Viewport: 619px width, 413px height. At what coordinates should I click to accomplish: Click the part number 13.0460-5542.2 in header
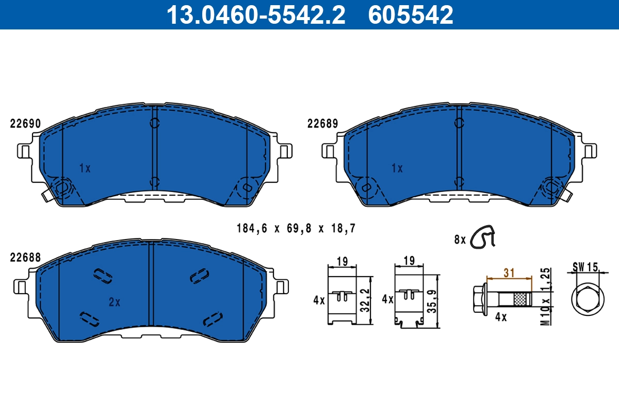[255, 14]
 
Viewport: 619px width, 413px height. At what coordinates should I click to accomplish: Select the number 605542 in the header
[411, 14]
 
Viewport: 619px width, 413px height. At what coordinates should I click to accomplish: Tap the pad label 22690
[25, 124]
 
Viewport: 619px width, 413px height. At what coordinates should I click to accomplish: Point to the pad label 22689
[322, 124]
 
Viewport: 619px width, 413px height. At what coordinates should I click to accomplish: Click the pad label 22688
[25, 257]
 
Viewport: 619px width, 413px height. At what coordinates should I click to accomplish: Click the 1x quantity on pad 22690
[85, 168]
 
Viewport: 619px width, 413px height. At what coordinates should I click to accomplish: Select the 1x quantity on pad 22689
[397, 168]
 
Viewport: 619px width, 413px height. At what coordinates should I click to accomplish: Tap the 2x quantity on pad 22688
[115, 303]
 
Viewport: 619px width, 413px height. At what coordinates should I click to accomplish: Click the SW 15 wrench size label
[585, 267]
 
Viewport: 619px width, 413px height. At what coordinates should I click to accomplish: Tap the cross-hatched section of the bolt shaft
[523, 299]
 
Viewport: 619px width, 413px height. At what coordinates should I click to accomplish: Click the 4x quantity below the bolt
[501, 317]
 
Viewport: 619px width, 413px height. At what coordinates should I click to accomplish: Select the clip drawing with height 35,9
[409, 299]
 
